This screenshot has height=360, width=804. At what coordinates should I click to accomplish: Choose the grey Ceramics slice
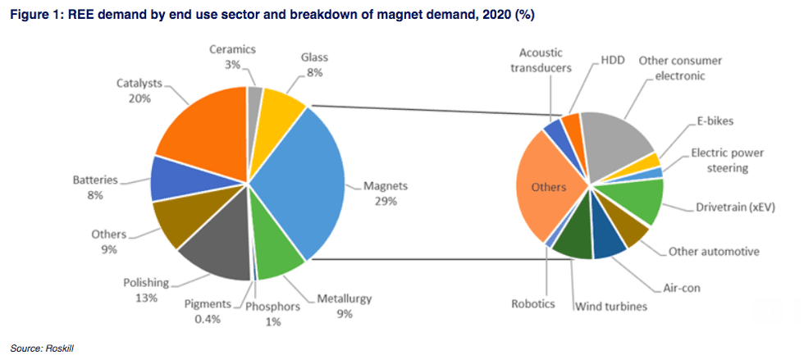point(255,96)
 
